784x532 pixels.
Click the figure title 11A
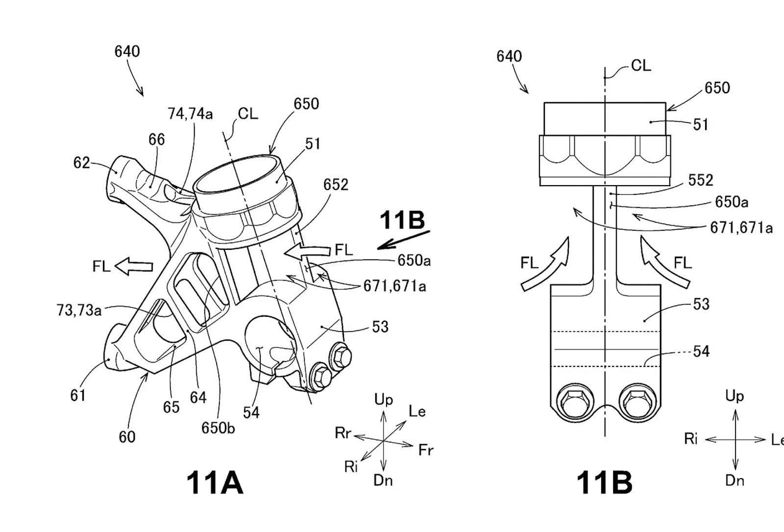(215, 483)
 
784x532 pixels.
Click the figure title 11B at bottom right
(604, 483)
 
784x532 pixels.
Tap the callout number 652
(336, 185)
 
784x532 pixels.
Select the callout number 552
(700, 180)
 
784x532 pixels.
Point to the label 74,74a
(190, 114)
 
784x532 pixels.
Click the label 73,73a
(79, 310)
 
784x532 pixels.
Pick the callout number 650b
(218, 428)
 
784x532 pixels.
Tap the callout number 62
(81, 162)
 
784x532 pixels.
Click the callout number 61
(78, 395)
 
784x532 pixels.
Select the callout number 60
(127, 436)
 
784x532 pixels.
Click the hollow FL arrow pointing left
(134, 266)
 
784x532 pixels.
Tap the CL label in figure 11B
(641, 66)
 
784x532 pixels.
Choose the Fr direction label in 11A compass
(425, 450)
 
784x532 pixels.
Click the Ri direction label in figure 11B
(691, 439)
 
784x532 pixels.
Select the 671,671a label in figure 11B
(741, 227)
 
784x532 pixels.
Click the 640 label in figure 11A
(127, 51)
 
